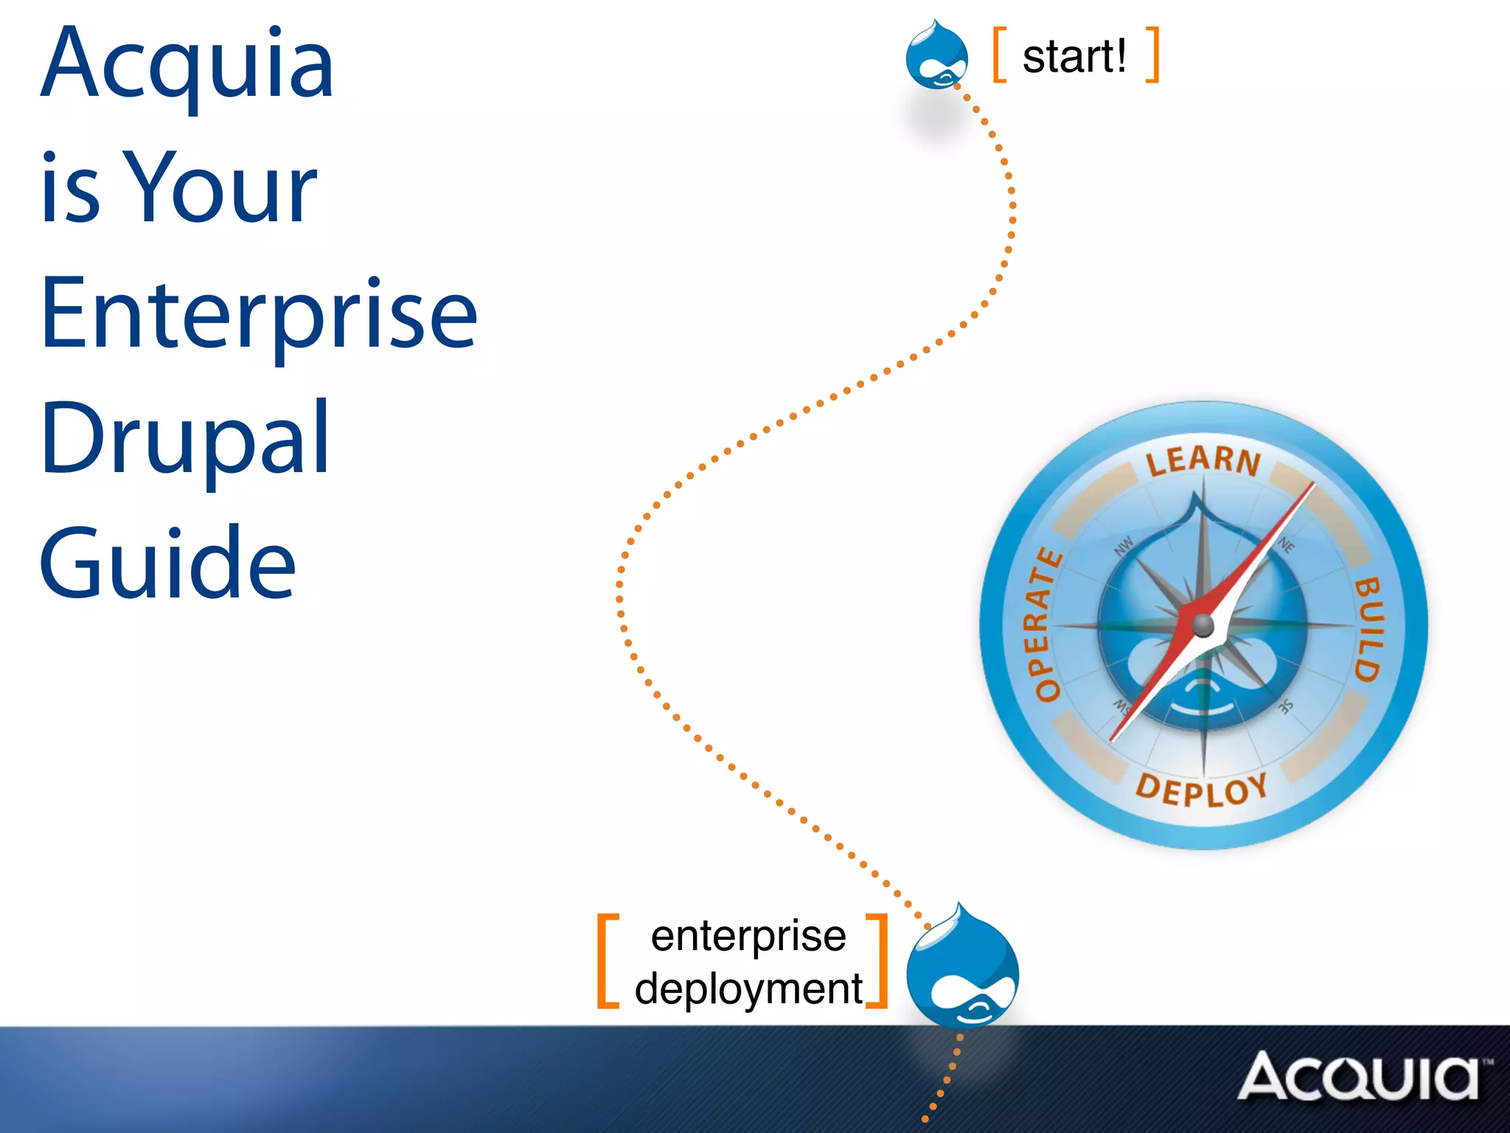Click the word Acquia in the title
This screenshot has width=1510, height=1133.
pyautogui.click(x=187, y=65)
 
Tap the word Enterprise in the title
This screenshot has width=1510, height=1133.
pyautogui.click(x=259, y=314)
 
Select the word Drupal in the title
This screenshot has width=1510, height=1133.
pyautogui.click(x=184, y=440)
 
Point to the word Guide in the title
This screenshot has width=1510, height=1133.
pyautogui.click(x=167, y=564)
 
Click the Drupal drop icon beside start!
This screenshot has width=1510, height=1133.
pyautogui.click(x=936, y=55)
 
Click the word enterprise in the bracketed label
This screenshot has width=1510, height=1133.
pyautogui.click(x=748, y=937)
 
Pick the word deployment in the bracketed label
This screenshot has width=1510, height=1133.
pyautogui.click(x=748, y=988)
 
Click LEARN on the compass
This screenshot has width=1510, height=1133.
pyautogui.click(x=1203, y=460)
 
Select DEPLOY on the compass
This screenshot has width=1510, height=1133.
pyautogui.click(x=1202, y=790)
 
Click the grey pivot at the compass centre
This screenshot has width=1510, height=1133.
pyautogui.click(x=1203, y=626)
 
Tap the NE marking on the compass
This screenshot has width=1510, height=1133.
pyautogui.click(x=1287, y=546)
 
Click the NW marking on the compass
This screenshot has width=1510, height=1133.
pyautogui.click(x=1123, y=547)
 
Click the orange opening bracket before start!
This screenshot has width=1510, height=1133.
pyautogui.click(x=999, y=55)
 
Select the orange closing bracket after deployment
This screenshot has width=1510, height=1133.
pyautogui.click(x=877, y=960)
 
